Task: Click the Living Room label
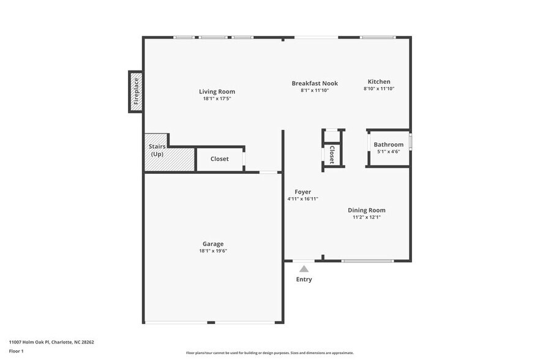(x=217, y=92)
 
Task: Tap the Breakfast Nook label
(x=314, y=83)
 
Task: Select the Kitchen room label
(x=378, y=81)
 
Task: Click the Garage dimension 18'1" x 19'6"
(x=213, y=250)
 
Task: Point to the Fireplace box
(x=136, y=92)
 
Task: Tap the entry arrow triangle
(x=304, y=268)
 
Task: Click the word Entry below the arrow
(x=304, y=279)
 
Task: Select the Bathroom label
(x=388, y=144)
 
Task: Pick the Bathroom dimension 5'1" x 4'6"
(x=388, y=152)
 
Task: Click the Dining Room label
(x=367, y=210)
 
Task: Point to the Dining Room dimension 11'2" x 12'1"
(x=367, y=217)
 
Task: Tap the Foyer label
(x=302, y=192)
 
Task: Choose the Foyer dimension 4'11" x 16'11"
(x=302, y=199)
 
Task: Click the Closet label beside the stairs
(x=219, y=159)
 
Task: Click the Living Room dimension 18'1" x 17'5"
(x=217, y=99)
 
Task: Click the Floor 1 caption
(x=16, y=351)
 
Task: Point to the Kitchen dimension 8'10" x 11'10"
(x=378, y=89)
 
